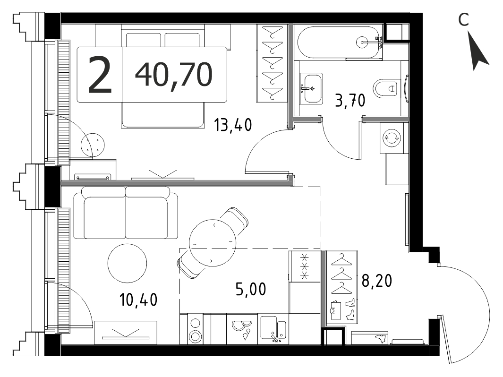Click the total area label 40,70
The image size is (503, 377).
[x=174, y=75]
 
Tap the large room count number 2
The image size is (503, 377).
[x=100, y=75]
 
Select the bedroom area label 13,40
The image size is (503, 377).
[x=233, y=125]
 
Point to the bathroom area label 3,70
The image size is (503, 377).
[x=350, y=101]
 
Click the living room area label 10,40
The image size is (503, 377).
[x=138, y=300]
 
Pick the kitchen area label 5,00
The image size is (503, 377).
[x=251, y=289]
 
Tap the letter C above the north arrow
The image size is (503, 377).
[x=463, y=20]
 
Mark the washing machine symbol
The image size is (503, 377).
[x=392, y=138]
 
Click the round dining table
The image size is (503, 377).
[x=213, y=243]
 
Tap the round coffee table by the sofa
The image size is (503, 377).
[x=128, y=263]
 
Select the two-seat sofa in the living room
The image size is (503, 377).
[x=126, y=213]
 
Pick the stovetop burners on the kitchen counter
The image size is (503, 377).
[x=195, y=329]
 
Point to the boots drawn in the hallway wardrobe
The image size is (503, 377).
[x=350, y=309]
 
